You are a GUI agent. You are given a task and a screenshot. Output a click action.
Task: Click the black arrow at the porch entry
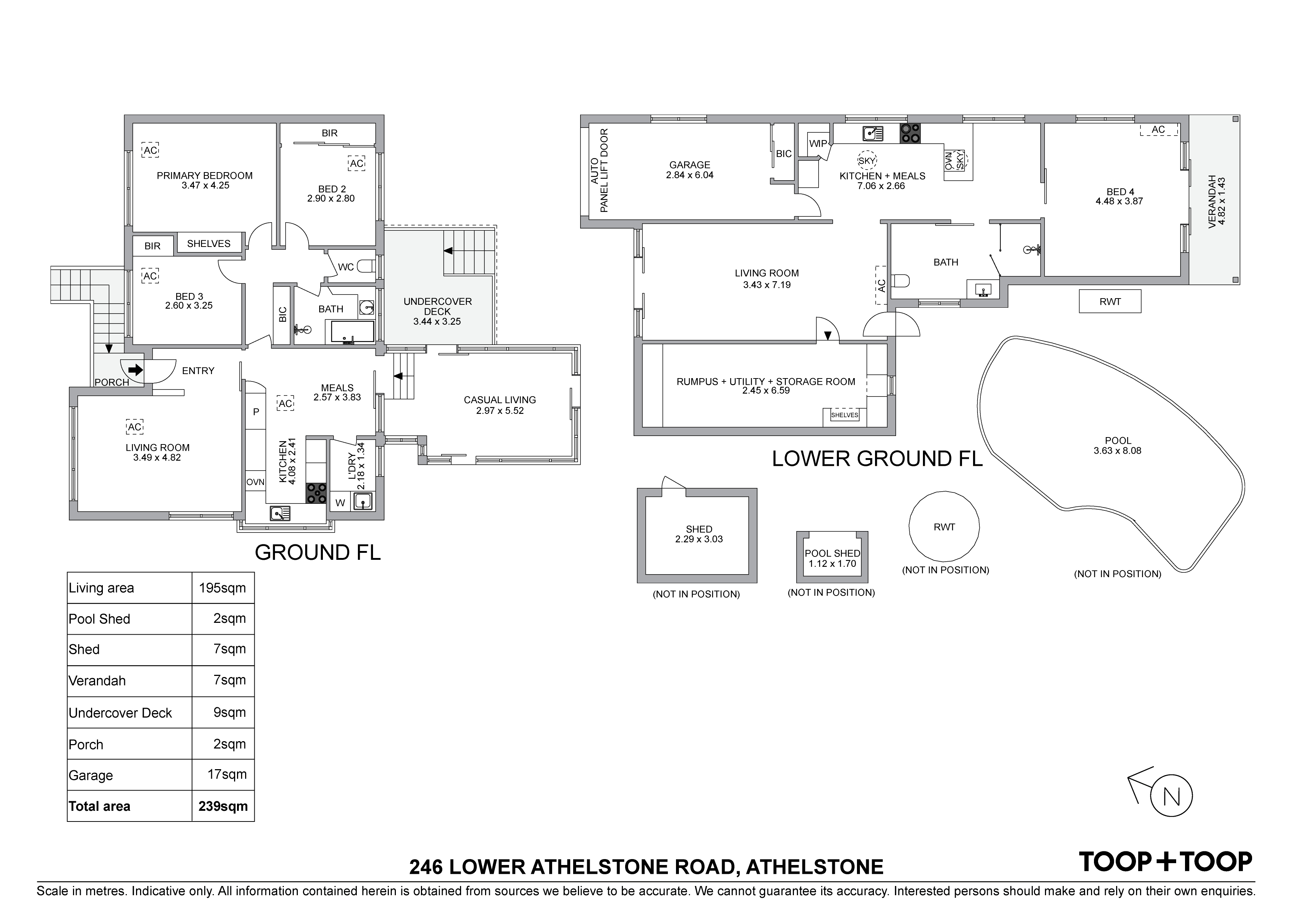[x=136, y=370]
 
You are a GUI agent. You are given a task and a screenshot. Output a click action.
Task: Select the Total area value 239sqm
[x=223, y=806]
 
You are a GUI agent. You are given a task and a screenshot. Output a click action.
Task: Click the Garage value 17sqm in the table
[x=227, y=774]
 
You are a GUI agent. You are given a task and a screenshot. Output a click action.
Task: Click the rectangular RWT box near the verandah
[x=1110, y=301]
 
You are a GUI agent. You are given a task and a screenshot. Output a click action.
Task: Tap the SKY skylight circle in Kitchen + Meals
[x=867, y=160]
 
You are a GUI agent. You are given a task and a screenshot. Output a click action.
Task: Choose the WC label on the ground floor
[x=346, y=267]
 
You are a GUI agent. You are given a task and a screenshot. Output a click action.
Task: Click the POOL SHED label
[x=832, y=553]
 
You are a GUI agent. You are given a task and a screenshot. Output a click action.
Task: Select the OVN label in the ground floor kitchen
[x=255, y=482]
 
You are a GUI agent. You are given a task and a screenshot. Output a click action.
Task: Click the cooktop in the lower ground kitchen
[x=910, y=133]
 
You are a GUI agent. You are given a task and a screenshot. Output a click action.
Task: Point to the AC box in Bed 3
[x=150, y=276]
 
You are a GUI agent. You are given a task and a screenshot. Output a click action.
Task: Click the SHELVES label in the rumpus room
[x=845, y=415]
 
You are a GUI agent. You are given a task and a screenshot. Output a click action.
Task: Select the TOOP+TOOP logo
[x=1165, y=861]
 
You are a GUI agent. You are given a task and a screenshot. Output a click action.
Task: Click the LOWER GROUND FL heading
[x=877, y=458]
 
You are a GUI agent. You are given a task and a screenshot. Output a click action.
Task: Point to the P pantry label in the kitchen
[x=256, y=412]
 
